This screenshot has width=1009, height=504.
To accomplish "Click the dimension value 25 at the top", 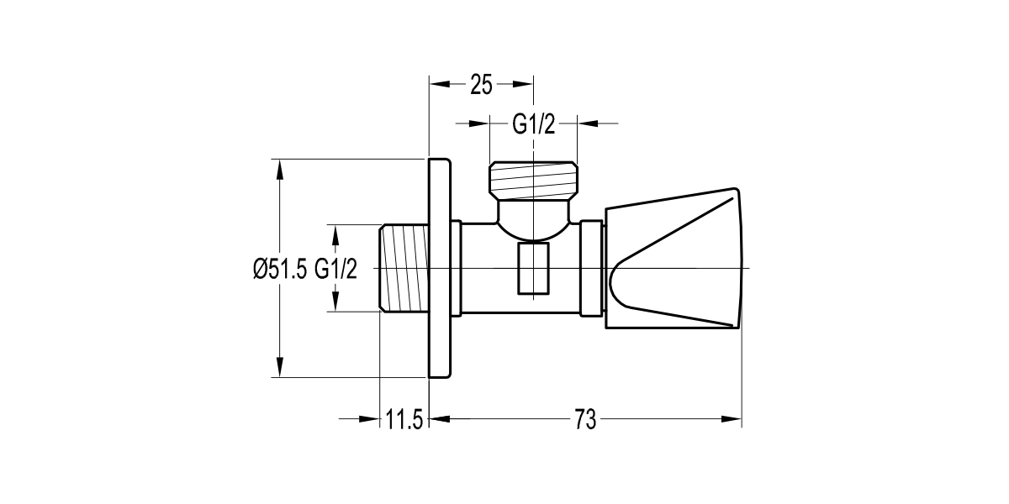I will pos(481,84).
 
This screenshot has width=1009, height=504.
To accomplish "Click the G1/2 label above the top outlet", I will pos(534,124).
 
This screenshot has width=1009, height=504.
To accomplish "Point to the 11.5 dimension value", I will pos(404,419).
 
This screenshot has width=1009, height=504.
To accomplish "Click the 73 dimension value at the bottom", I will pos(585,419).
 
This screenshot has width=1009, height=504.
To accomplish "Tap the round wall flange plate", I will pos(439,268).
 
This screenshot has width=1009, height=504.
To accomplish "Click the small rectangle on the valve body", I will pos(533,269).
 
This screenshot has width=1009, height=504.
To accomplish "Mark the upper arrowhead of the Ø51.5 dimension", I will pos(280,167).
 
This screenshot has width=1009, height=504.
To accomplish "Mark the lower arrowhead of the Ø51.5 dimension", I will pos(280,370).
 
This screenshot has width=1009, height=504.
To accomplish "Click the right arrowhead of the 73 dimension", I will pos(732,418).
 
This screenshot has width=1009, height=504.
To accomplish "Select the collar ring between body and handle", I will pos(593,269).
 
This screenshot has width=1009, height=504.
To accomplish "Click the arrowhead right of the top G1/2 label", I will pos(586,123).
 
